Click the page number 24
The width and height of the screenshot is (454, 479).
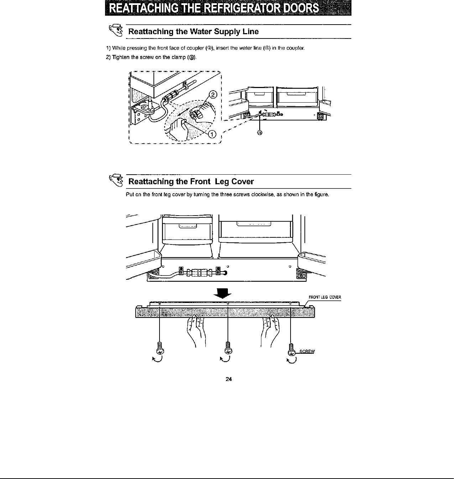click(x=229, y=379)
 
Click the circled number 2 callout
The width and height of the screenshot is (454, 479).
click(x=213, y=95)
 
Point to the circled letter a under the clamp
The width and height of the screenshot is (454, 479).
click(x=260, y=133)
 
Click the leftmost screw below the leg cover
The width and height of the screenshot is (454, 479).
click(x=160, y=348)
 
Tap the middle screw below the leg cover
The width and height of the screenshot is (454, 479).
click(x=227, y=348)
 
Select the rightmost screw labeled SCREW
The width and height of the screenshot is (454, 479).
click(x=291, y=349)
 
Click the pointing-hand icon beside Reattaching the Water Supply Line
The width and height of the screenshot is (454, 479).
click(x=115, y=31)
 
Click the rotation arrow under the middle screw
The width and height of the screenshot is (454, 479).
click(x=226, y=360)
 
